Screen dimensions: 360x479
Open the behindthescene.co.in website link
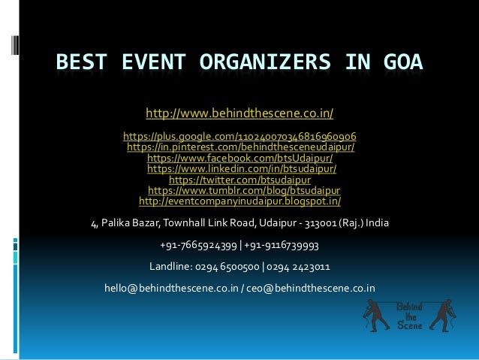239,113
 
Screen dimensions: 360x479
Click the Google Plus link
239,137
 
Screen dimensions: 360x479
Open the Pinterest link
240,147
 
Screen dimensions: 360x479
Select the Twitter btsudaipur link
239,180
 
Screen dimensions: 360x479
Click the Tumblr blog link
244,191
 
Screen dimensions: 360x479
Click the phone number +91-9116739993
282,245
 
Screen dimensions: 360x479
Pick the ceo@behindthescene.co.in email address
315,287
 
